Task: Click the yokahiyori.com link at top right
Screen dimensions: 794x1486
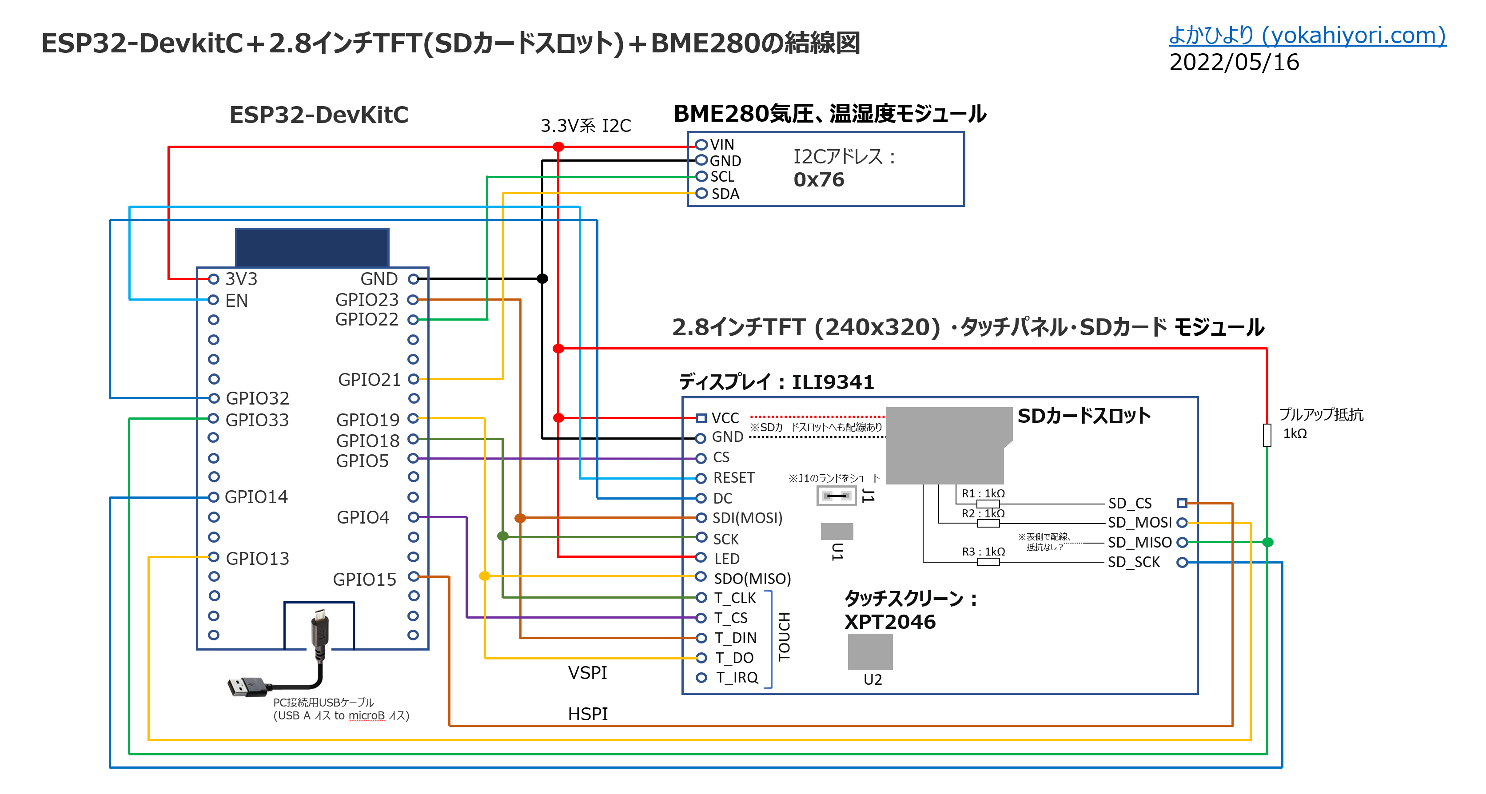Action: point(1307,36)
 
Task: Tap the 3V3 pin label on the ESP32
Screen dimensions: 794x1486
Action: point(241,279)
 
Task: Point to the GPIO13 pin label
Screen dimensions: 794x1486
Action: point(257,558)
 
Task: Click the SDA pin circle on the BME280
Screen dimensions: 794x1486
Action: point(701,193)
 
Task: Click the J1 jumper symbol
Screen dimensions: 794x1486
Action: point(836,496)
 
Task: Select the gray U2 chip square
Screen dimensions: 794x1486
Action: point(870,651)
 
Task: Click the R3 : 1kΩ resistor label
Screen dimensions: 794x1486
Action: point(983,552)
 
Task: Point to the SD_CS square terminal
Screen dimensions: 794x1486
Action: point(1181,503)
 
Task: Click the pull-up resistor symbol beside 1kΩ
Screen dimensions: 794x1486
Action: point(1267,435)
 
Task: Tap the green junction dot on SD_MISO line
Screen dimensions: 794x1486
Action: point(1267,542)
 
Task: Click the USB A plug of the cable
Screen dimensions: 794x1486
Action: point(245,686)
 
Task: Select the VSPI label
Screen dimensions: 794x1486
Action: point(587,673)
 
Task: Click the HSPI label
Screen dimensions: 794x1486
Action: point(587,715)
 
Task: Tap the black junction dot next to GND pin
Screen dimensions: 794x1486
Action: point(542,279)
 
